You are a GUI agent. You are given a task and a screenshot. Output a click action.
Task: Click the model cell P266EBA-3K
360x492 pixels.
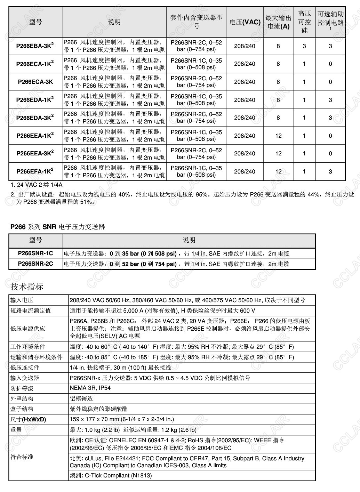35,46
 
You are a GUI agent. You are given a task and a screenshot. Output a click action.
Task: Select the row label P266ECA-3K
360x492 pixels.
35,82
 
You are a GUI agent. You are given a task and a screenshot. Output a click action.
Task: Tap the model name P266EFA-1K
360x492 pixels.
35,171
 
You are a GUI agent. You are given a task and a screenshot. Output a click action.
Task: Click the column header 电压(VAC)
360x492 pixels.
245,22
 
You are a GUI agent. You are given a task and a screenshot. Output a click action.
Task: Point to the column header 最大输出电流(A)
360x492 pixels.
278,22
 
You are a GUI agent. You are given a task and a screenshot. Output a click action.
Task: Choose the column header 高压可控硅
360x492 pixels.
304,22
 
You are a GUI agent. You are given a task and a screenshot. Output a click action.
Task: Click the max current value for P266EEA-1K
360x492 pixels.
278,136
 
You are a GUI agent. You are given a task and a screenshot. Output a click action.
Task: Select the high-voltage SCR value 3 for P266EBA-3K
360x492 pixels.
304,46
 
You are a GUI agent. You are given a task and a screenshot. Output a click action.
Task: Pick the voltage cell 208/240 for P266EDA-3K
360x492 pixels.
245,118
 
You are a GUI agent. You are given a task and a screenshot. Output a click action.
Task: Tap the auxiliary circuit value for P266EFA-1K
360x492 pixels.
330,171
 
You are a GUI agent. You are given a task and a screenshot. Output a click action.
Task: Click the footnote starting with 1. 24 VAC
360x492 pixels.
37,185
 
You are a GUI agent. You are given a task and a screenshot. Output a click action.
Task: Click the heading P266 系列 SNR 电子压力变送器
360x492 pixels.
57,227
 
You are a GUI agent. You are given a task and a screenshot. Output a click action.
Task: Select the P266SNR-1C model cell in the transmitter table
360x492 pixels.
35,253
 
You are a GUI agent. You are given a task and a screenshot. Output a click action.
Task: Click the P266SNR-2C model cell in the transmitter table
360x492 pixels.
35,264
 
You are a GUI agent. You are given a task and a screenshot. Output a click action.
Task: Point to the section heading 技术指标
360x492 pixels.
27,287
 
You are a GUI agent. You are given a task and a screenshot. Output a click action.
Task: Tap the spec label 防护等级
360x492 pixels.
22,388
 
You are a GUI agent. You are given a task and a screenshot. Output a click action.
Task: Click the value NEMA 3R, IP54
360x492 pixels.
90,388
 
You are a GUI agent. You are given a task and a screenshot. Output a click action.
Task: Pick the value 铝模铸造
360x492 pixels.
81,398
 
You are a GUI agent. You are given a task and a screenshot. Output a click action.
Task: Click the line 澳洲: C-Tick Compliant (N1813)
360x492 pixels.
111,475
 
